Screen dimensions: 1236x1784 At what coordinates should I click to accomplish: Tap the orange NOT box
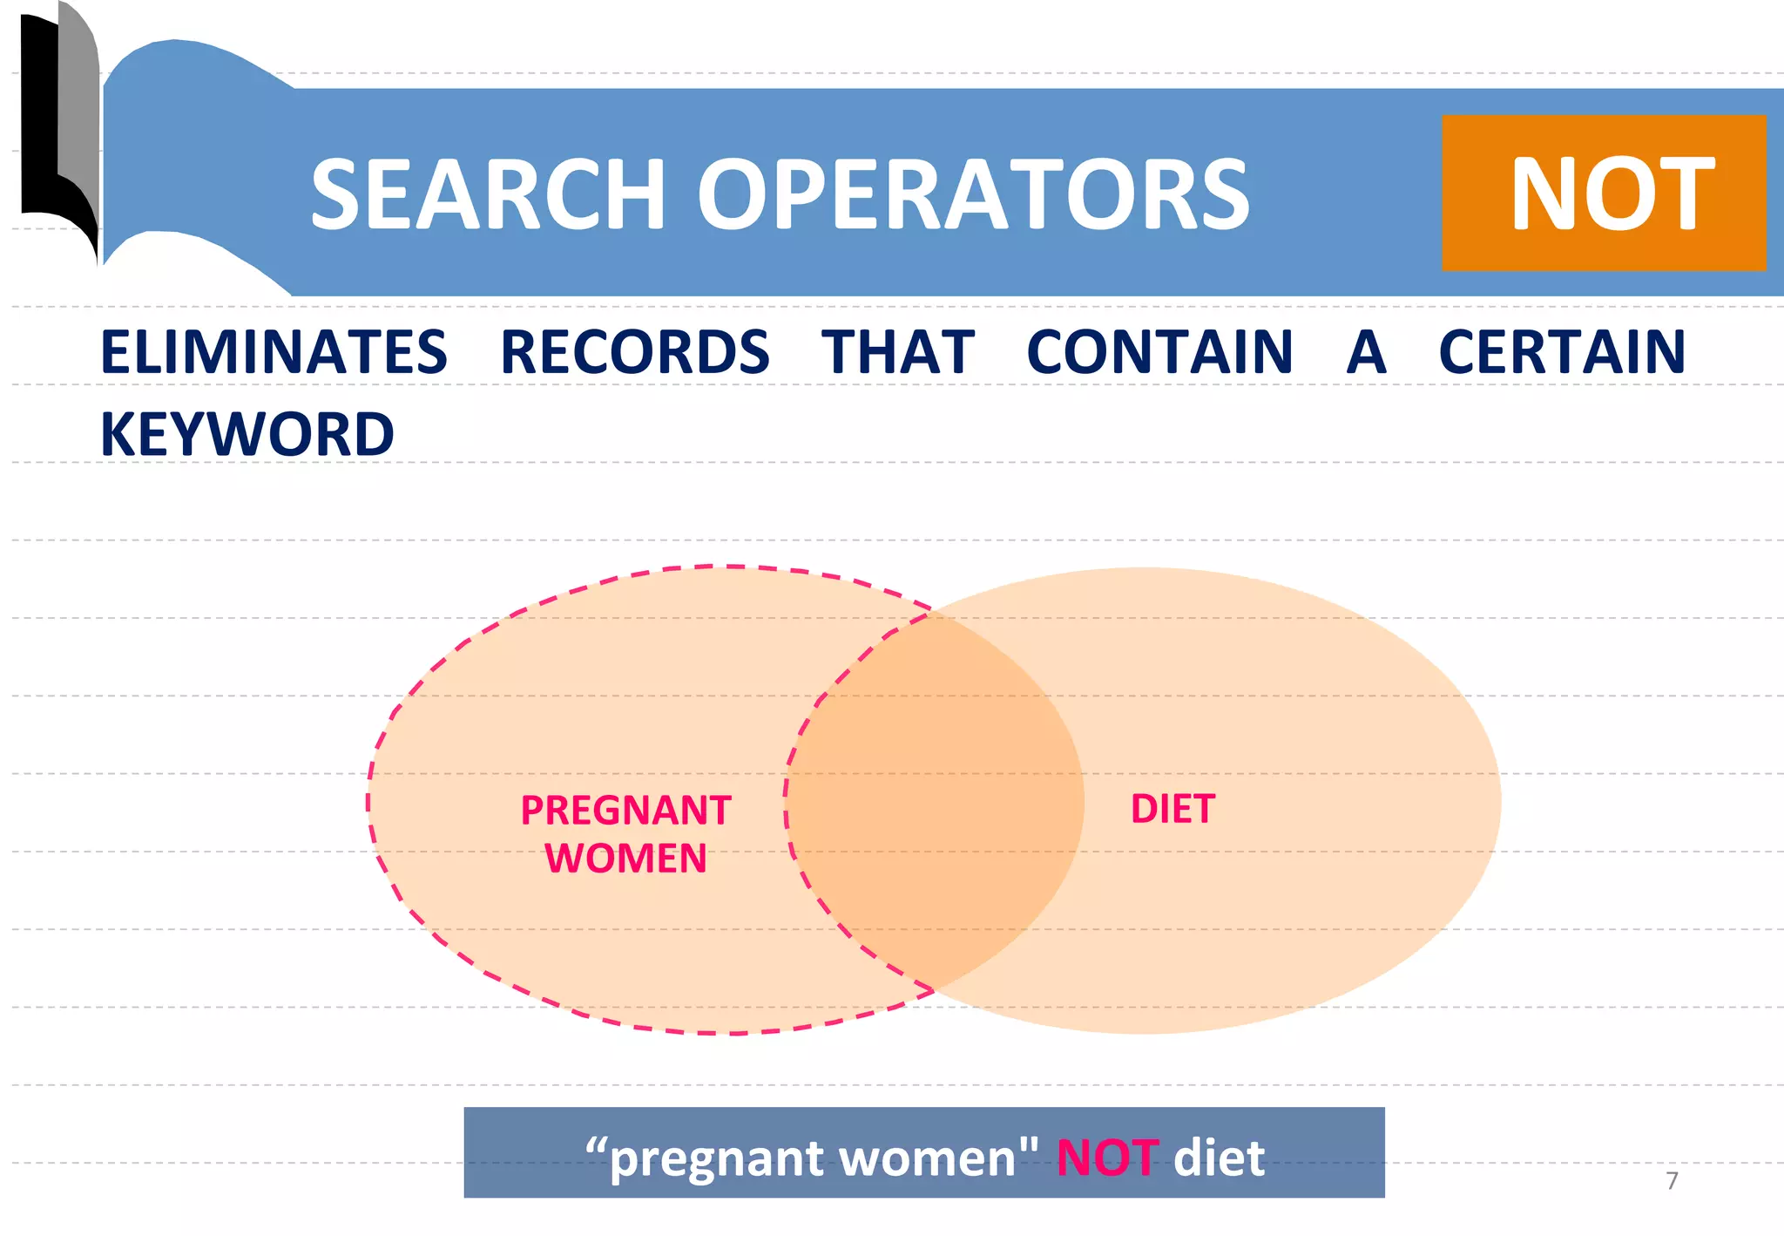1603,193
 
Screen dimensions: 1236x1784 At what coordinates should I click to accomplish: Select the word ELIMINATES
274,352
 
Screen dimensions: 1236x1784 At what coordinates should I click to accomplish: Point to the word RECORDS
634,352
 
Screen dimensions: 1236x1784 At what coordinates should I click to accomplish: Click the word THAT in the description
897,352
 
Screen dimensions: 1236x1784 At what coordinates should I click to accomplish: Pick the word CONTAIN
1159,352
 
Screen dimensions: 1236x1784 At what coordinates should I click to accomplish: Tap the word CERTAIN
1562,352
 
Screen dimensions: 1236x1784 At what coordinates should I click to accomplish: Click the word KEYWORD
247,434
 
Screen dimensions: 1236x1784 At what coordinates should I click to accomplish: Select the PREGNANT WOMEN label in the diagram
625,833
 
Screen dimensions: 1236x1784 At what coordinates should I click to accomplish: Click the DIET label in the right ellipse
1172,809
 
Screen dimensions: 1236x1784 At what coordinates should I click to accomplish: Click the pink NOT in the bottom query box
1107,1158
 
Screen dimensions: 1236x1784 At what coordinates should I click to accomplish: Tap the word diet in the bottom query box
1219,1158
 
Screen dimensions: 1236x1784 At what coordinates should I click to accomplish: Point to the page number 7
1671,1180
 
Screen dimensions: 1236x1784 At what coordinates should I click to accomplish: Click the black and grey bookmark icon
59,131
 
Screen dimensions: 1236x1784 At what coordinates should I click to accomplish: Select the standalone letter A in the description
1366,352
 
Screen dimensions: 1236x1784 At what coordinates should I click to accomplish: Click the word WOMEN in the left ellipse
625,858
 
